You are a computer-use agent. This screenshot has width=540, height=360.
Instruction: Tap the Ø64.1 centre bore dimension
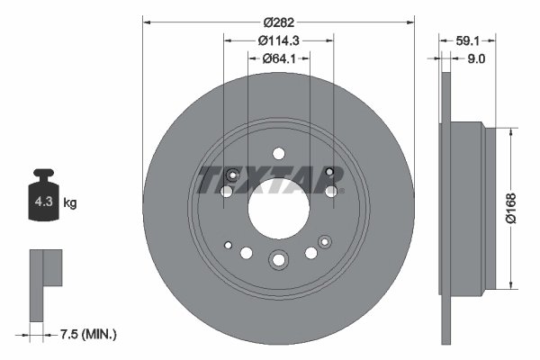coord(278,58)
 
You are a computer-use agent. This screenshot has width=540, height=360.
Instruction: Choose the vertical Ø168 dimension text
coord(510,210)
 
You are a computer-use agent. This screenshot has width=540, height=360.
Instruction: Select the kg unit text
coord(69,204)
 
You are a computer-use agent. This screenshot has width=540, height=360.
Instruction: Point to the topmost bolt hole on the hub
coord(278,154)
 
